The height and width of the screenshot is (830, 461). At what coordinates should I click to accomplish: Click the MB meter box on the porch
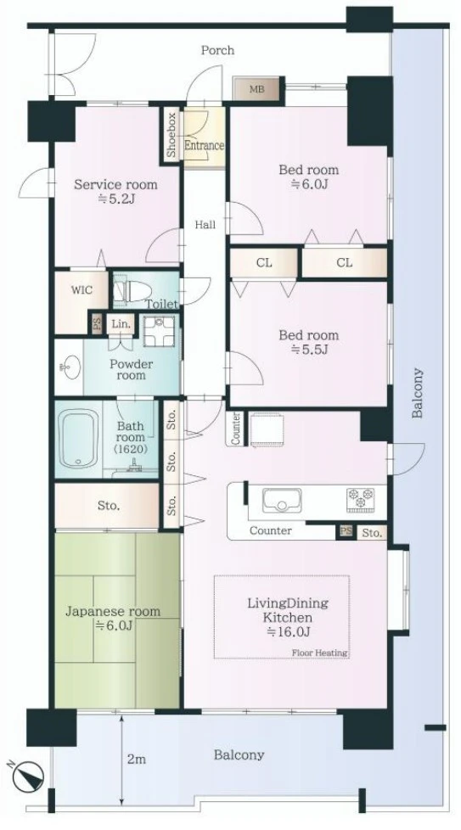[x=256, y=88]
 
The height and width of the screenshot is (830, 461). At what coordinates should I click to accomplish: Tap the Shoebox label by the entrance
[x=171, y=136]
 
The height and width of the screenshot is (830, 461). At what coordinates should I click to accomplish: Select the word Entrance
[x=204, y=144]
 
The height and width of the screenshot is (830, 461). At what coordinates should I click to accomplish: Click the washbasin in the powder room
[x=70, y=367]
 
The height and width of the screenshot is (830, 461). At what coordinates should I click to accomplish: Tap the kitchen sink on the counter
[x=282, y=500]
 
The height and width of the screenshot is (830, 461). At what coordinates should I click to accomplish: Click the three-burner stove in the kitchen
[x=360, y=500]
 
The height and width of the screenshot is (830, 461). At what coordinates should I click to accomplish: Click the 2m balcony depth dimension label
[x=136, y=759]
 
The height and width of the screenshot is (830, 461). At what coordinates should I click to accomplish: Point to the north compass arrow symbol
[x=26, y=776]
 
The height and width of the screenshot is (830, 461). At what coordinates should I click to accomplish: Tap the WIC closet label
[x=82, y=290]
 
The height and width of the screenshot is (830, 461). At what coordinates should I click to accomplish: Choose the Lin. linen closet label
[x=121, y=324]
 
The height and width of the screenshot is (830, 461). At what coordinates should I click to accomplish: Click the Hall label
[x=205, y=225]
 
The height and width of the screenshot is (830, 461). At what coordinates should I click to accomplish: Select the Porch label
[x=217, y=50]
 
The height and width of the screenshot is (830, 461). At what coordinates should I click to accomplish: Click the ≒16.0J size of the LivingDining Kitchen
[x=289, y=631]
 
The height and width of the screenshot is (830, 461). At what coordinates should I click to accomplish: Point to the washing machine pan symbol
[x=159, y=331]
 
